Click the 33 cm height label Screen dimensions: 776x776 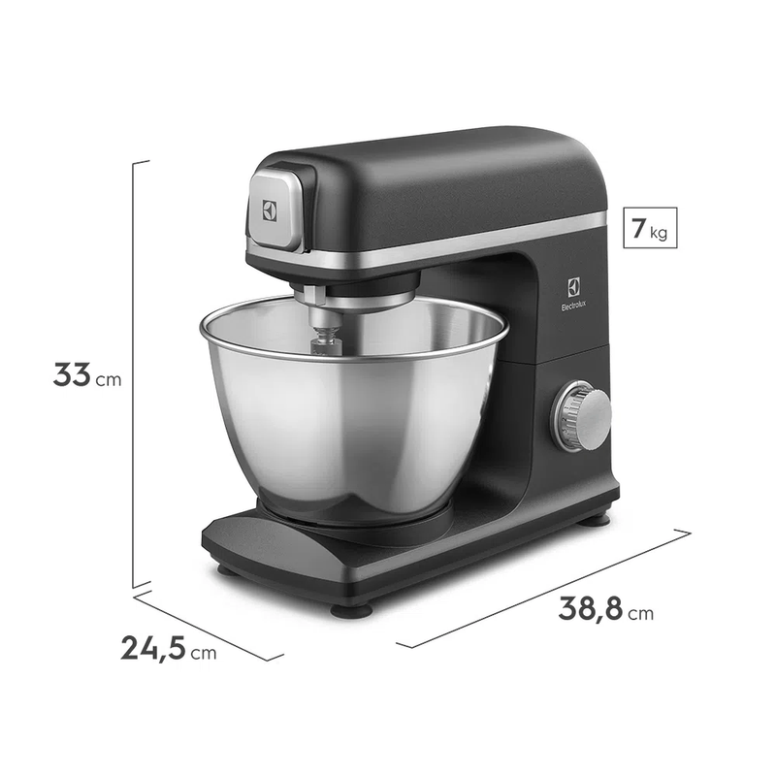[x=87, y=375]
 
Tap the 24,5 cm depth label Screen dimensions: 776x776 [x=169, y=648]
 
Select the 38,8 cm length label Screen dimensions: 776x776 [x=605, y=609]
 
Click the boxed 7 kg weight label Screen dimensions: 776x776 [x=650, y=228]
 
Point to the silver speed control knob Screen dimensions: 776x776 [x=582, y=416]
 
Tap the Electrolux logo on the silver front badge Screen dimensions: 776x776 [x=270, y=210]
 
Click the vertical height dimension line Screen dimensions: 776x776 [x=134, y=374]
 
